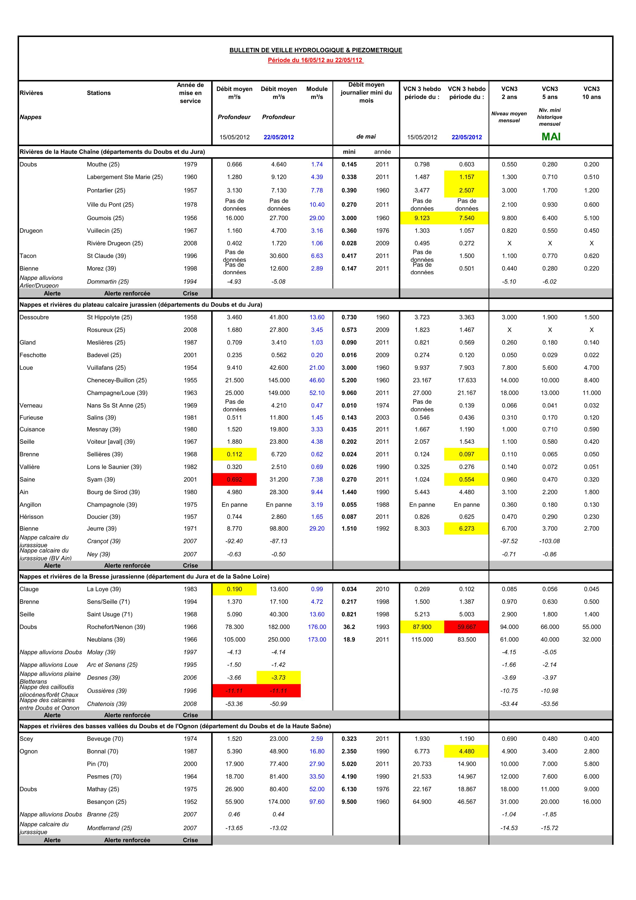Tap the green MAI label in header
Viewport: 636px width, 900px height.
tap(551, 137)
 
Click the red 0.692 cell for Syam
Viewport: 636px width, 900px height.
tap(234, 479)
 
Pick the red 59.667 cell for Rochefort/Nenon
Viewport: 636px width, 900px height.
tap(466, 627)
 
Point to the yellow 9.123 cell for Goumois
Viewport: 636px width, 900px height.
tap(422, 218)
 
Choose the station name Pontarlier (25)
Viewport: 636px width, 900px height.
tap(106, 190)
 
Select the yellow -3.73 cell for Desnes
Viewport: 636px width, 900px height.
tap(279, 677)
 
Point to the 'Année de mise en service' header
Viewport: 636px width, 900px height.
tap(190, 93)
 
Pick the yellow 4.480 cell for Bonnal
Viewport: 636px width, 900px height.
tap(466, 751)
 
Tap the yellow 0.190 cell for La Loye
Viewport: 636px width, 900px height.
tap(234, 589)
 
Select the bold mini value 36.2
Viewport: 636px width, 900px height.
tap(349, 627)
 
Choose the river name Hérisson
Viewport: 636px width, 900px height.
tap(31, 517)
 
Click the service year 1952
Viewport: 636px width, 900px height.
tap(190, 802)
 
